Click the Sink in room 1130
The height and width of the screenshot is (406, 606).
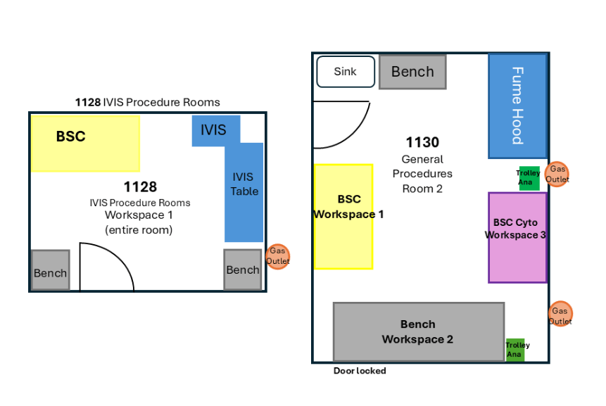tap(346, 72)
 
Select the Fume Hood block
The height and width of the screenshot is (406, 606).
tap(517, 106)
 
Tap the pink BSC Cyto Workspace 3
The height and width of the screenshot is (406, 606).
tap(517, 237)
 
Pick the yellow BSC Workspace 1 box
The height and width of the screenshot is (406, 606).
tap(343, 217)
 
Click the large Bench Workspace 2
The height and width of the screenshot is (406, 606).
tap(418, 332)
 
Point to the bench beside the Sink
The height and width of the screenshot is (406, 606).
tap(412, 72)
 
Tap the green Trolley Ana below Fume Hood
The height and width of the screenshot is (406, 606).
tap(528, 178)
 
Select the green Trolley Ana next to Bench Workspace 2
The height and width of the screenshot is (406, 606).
tap(516, 350)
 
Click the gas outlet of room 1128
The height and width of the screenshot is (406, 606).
tap(278, 256)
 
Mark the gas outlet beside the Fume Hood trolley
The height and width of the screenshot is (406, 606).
tap(558, 174)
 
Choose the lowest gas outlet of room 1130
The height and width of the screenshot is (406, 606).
tap(560, 315)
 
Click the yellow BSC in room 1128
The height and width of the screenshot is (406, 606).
tap(85, 144)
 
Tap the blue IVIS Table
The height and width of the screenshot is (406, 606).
tap(244, 190)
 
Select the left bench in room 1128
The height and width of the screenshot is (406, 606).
tap(50, 270)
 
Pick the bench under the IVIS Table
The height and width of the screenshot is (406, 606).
tap(243, 269)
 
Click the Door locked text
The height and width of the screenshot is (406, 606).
tap(360, 371)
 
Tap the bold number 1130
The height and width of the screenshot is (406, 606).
tap(422, 143)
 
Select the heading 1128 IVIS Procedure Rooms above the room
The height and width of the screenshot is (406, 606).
tap(148, 102)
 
